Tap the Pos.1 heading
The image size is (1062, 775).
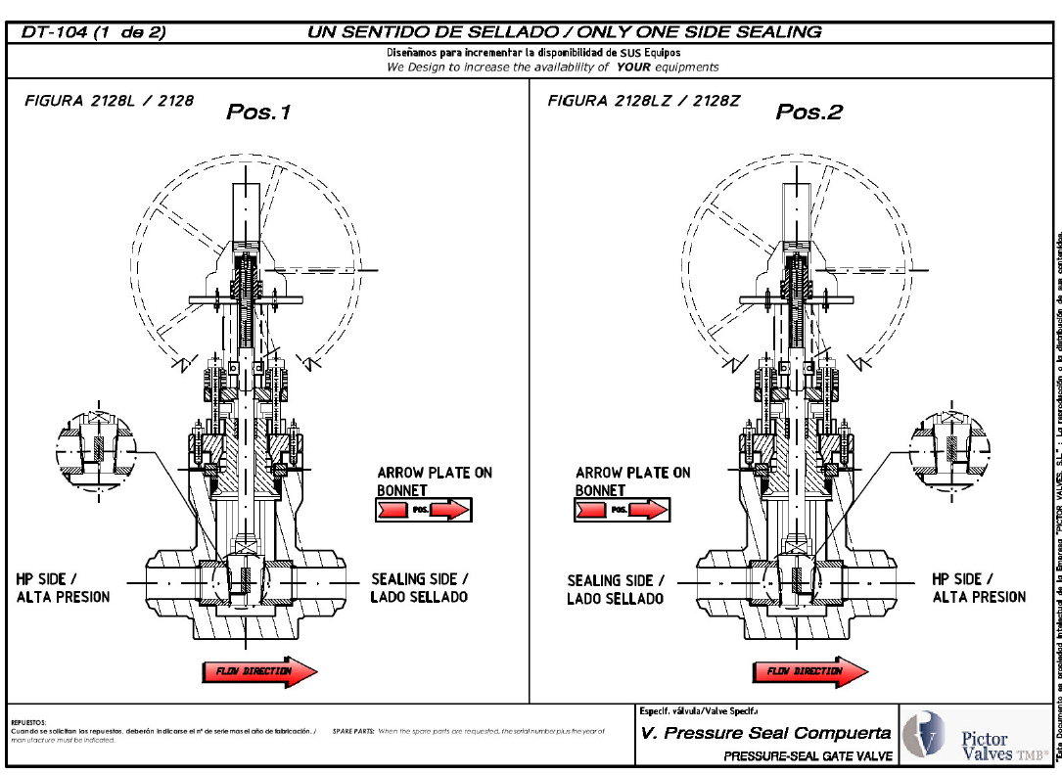pos(258,112)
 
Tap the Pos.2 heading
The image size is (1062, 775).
pos(808,112)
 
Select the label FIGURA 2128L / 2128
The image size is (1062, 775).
pos(108,101)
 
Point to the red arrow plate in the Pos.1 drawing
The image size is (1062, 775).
pos(450,510)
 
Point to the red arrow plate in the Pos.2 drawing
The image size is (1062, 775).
pos(649,510)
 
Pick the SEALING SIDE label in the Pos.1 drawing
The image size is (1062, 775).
pos(419,587)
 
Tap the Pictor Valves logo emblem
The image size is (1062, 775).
pos(924,733)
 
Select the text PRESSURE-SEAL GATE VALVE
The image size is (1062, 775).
pos(808,755)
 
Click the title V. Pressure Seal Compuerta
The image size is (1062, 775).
pos(765,733)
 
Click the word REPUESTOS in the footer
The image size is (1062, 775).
pos(28,721)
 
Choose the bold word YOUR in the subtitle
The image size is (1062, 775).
pos(634,68)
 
